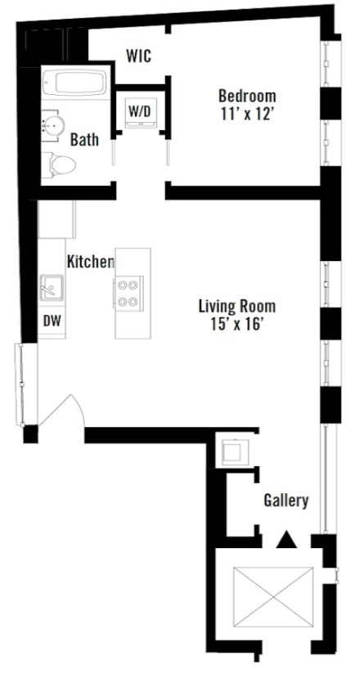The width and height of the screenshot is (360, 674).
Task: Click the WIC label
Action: tap(137, 56)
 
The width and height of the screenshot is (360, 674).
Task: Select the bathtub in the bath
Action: tap(74, 83)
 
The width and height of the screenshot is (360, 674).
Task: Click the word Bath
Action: tap(84, 140)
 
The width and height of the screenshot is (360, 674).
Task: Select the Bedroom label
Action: tap(246, 97)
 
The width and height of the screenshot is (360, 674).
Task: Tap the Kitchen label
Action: tap(90, 262)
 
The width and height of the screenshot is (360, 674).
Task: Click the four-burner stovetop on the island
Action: tap(128, 292)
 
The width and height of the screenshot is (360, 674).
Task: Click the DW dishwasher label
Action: tap(52, 321)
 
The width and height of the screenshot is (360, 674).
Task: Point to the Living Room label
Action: tap(236, 308)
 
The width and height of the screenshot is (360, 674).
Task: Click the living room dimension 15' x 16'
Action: tap(236, 325)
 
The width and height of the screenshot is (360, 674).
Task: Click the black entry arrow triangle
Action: tap(286, 539)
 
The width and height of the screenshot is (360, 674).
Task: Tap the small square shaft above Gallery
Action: tap(232, 451)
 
